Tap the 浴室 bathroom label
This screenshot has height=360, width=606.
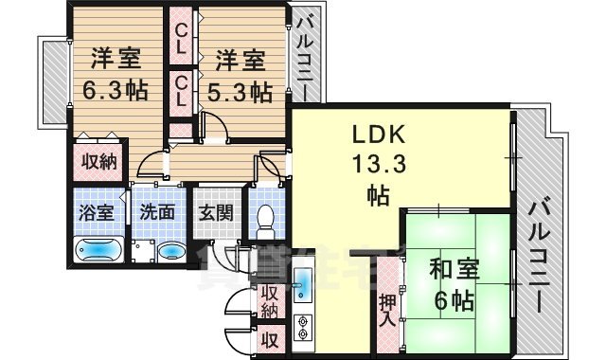pyautogui.click(x=96, y=210)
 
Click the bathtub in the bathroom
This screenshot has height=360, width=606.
pyautogui.click(x=97, y=251)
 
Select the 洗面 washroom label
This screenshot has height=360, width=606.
pyautogui.click(x=156, y=210)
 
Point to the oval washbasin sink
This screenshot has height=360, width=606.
pyautogui.click(x=171, y=252)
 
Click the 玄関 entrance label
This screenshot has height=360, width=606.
pyautogui.click(x=215, y=210)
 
